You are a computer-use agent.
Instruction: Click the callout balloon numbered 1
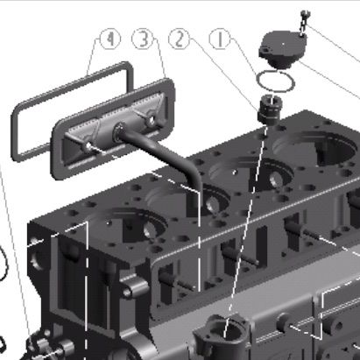tap(220, 39)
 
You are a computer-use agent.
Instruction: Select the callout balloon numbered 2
tap(180, 39)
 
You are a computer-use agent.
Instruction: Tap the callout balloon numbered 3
tap(142, 39)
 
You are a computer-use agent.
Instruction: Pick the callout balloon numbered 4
tap(110, 39)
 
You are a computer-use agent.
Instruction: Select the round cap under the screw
tap(283, 49)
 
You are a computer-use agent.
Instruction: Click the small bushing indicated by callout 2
tap(270, 109)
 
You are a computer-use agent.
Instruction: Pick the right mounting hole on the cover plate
tap(152, 121)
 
